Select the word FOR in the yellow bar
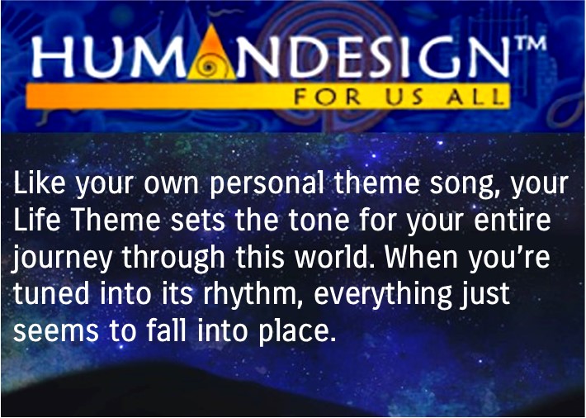coord(328,97)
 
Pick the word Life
coord(36,219)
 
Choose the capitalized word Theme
coord(116,219)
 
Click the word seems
coord(56,331)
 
